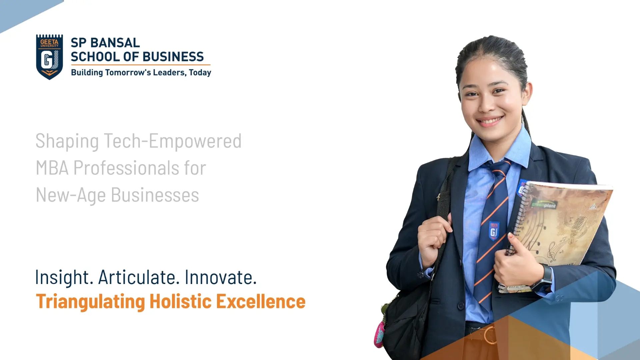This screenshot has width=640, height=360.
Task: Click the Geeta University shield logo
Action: (49, 57)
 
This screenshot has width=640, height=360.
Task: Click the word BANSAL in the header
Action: (115, 43)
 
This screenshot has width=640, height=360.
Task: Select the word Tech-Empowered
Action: (173, 141)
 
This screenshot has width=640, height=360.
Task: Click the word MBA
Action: (52, 168)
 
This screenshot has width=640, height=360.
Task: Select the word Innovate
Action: (221, 277)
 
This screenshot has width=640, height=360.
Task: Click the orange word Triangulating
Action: (90, 302)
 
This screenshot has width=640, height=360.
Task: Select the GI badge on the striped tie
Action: (494, 230)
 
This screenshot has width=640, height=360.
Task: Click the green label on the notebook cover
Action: (544, 204)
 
